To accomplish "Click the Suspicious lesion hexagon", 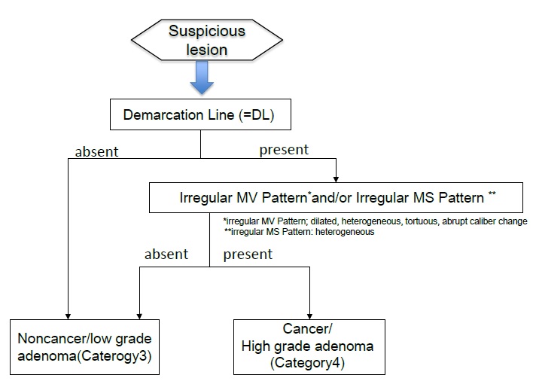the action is [207, 40].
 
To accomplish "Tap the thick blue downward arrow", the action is [202, 78].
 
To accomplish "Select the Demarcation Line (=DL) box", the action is [200, 114].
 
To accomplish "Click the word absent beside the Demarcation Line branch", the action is [97, 151].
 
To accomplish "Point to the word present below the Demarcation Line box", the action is [284, 150].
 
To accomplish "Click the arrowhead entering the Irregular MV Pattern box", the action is [336, 179].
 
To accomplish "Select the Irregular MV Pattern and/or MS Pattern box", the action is [336, 198].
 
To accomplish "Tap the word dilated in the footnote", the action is [324, 221].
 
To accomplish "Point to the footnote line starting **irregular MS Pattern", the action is [300, 232].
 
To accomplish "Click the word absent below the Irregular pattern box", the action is [166, 254].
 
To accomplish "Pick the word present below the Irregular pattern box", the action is [248, 255].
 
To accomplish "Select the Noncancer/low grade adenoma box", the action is [85, 347].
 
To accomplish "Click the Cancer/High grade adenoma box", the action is [309, 347].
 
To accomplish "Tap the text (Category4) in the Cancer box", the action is [307, 362].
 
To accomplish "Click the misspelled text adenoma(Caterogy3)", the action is [84, 355].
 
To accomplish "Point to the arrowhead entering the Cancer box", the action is [309, 316].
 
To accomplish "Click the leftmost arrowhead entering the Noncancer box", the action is [68, 316].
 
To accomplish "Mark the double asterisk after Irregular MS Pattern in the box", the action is [492, 194].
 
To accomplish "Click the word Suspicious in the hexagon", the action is [207, 31].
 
